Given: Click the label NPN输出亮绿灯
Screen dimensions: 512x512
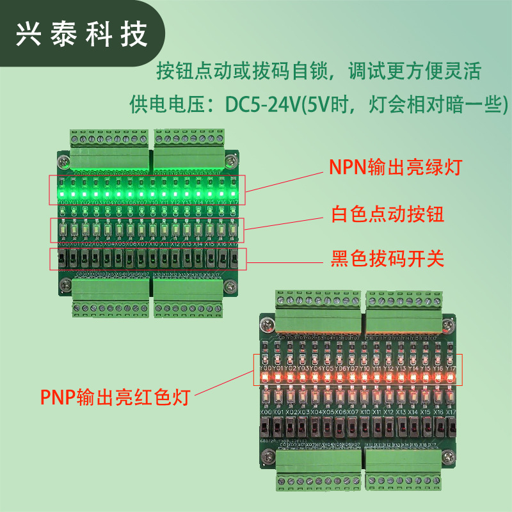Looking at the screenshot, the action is pyautogui.click(x=395, y=168).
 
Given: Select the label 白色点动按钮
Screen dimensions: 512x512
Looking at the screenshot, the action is pyautogui.click(x=387, y=214).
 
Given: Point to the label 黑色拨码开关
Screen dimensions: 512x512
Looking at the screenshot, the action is pyautogui.click(x=387, y=259).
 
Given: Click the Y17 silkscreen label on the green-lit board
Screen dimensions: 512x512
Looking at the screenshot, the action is pyautogui.click(x=233, y=203).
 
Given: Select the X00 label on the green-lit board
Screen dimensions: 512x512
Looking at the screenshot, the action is pyautogui.click(x=63, y=244).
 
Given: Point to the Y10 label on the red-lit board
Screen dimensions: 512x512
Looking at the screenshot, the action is pyautogui.click(x=365, y=369).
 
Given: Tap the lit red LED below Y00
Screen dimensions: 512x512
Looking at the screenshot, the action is pyautogui.click(x=266, y=378).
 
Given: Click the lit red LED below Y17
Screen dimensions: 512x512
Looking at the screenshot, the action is pyautogui.click(x=451, y=378).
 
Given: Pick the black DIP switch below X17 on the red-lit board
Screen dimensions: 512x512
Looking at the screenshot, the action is pyautogui.click(x=449, y=426).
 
